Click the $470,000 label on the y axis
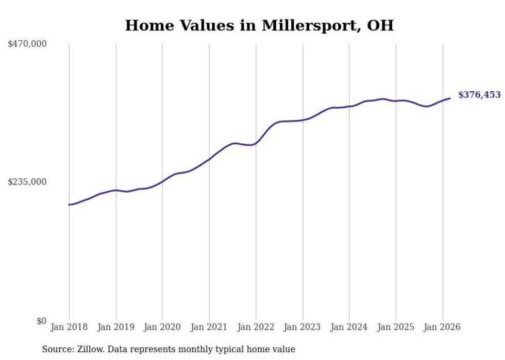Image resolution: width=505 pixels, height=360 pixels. click(27, 44)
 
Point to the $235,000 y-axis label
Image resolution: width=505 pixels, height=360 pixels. click(27, 182)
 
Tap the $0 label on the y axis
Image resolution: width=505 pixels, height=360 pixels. click(41, 321)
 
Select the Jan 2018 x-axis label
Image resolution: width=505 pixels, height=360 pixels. click(69, 327)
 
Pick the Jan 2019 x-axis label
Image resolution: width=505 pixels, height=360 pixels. click(116, 327)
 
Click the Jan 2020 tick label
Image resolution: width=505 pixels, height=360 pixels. click(162, 327)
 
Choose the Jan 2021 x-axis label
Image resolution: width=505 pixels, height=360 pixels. click(209, 327)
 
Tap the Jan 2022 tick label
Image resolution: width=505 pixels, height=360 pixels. click(256, 327)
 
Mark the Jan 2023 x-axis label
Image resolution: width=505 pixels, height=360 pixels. click(302, 327)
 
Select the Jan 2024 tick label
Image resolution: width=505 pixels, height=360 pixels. click(349, 327)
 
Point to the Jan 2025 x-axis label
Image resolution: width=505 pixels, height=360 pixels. click(396, 327)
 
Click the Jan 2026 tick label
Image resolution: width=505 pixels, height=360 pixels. click(443, 327)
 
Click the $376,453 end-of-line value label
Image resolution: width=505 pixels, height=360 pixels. click(479, 95)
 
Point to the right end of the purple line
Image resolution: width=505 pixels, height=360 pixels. click(450, 98)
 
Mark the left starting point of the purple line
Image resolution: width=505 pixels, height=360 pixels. click(69, 204)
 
